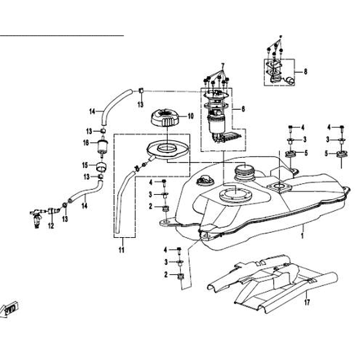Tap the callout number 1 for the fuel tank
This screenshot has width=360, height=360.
pyautogui.click(x=302, y=235)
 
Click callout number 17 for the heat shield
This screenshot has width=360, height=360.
pyautogui.click(x=307, y=302)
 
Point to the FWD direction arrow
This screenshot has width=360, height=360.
pyautogui.click(x=9, y=309)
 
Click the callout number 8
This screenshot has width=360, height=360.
pyautogui.click(x=305, y=71)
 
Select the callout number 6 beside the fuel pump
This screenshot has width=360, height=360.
pyautogui.click(x=243, y=109)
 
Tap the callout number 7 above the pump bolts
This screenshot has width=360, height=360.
pyautogui.click(x=222, y=65)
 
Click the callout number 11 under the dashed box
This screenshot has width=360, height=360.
pyautogui.click(x=122, y=250)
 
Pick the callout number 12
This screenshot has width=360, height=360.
pyautogui.click(x=51, y=226)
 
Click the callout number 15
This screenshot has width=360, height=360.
pyautogui.click(x=85, y=165)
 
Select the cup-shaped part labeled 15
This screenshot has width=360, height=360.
pyautogui.click(x=101, y=167)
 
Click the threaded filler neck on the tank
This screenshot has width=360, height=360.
pyautogui.click(x=245, y=173)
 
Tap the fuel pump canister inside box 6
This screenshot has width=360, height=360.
pyautogui.click(x=216, y=125)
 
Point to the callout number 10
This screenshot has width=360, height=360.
pyautogui.click(x=191, y=116)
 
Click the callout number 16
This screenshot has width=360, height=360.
pyautogui.click(x=86, y=143)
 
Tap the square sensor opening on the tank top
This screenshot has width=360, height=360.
pyautogui.click(x=279, y=187)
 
